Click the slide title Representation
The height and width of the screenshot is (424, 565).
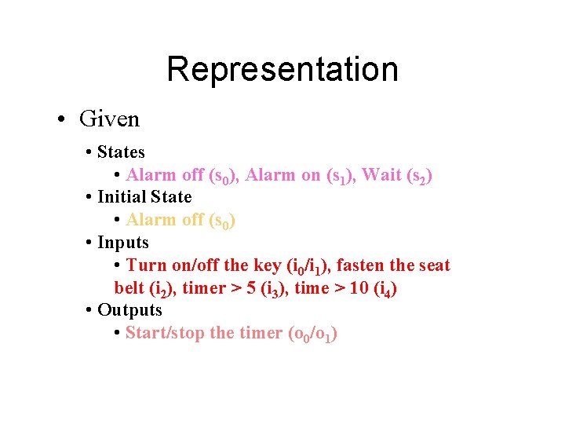282,69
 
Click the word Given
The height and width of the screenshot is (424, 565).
109,119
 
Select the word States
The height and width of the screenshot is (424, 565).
121,152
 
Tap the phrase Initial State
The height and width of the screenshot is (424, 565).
144,196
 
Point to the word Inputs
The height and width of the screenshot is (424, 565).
123,242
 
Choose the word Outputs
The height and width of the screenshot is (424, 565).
129,310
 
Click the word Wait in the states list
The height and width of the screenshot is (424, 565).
381,174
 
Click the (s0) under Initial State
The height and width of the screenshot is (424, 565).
222,221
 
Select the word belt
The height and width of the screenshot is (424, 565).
129,288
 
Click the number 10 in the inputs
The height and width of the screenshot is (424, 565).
359,288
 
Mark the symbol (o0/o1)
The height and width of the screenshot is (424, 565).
313,334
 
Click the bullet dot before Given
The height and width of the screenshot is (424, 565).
61,120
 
